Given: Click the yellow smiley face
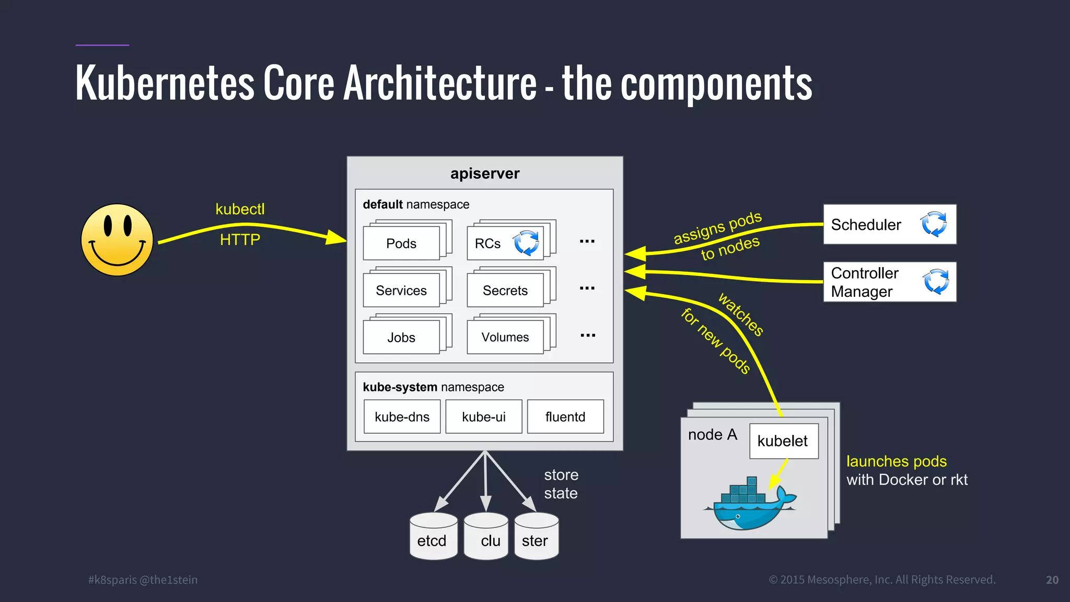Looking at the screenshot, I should click(x=117, y=240).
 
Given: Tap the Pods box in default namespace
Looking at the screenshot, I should click(x=401, y=244).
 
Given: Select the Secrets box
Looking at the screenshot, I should click(x=505, y=291).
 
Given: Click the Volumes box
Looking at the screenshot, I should click(x=505, y=338).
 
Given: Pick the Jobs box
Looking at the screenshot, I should click(x=401, y=338).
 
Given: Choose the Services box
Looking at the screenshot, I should click(x=401, y=291).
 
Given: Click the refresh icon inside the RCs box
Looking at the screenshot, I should click(x=526, y=243).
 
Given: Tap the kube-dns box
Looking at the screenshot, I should click(x=402, y=417).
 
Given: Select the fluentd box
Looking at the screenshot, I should click(x=565, y=417).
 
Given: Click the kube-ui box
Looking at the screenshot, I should click(x=484, y=417).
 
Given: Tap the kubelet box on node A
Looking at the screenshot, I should click(x=783, y=441).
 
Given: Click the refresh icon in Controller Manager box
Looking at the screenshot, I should click(x=936, y=282).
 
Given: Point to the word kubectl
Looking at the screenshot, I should click(x=240, y=209).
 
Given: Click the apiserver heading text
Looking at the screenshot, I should click(x=485, y=173).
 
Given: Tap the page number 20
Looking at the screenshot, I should click(x=1052, y=580).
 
